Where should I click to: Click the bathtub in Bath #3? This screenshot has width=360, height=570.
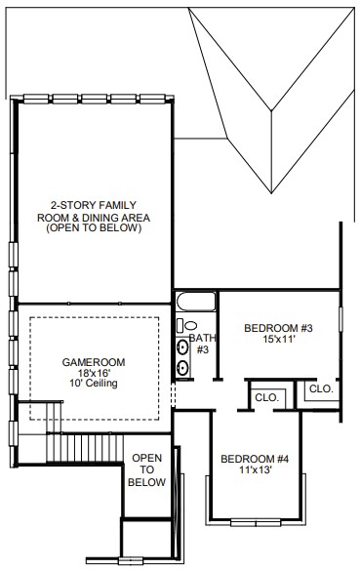(x=196, y=302)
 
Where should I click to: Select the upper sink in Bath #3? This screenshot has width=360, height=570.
(x=182, y=347)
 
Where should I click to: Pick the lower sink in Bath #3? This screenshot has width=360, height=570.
(x=182, y=368)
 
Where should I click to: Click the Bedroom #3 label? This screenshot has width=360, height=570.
(x=278, y=328)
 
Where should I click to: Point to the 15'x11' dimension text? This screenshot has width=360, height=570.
(x=279, y=339)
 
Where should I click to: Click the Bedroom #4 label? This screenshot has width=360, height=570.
(x=255, y=459)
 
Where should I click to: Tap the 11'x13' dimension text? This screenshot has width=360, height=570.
(x=256, y=470)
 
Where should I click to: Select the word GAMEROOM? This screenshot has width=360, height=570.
(x=94, y=362)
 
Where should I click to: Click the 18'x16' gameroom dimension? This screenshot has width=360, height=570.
(x=94, y=373)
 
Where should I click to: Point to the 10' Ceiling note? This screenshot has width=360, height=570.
(x=94, y=384)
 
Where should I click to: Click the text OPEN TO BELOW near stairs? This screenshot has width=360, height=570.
(x=146, y=470)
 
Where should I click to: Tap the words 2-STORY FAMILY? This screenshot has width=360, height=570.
(x=94, y=205)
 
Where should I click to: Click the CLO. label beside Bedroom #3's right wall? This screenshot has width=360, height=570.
(x=321, y=389)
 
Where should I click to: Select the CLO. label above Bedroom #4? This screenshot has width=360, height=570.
(x=267, y=397)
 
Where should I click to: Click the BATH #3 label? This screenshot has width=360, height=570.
(x=202, y=344)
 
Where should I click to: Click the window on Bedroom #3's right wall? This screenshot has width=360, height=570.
(x=340, y=319)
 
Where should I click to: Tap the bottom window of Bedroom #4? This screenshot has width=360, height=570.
(x=256, y=523)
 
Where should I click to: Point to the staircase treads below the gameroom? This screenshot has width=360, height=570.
(x=85, y=448)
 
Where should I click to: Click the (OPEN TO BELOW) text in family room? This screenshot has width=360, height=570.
(x=94, y=228)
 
